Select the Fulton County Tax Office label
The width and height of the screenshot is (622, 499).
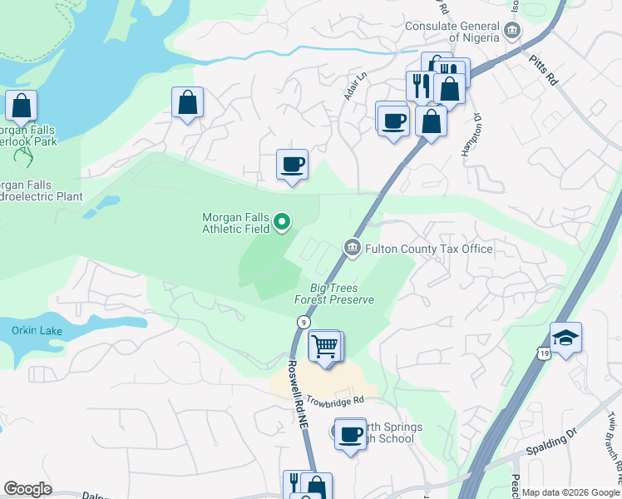(428, 249)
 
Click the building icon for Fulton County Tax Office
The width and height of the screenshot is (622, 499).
(352, 248)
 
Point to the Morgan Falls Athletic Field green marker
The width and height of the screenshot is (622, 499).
(282, 221)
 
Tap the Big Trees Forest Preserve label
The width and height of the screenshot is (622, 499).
(334, 294)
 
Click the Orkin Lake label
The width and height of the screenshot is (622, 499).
(37, 331)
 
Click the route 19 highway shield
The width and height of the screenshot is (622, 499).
(544, 353)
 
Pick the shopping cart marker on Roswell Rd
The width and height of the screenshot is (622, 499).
(324, 345)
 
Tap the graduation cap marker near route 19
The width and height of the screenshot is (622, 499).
(565, 338)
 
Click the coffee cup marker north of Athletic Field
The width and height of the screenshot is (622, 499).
(291, 165)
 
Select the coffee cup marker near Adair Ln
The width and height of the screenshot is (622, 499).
(392, 119)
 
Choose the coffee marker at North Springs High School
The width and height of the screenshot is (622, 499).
(351, 432)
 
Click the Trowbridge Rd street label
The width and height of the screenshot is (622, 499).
(335, 400)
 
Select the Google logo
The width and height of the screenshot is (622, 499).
(28, 489)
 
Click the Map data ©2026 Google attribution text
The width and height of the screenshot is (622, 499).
(569, 492)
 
